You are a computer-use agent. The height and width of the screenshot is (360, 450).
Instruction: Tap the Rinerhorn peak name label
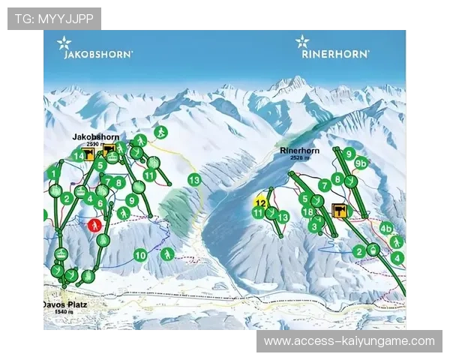tap(299, 151)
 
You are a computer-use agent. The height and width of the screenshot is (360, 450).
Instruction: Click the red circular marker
tap(94, 224)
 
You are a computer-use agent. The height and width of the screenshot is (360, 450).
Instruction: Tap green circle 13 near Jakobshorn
tap(194, 180)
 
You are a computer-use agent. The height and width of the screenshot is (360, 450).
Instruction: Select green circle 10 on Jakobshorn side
tap(140, 255)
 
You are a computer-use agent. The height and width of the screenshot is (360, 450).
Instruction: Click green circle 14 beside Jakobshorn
tap(78, 156)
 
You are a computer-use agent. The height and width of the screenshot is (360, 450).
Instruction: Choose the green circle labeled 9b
tap(361, 163)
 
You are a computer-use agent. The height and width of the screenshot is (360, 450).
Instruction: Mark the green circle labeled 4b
tap(386, 228)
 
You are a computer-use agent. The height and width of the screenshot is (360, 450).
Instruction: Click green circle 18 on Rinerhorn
tap(307, 212)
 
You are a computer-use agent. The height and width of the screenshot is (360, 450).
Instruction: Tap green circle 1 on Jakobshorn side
tap(53, 172)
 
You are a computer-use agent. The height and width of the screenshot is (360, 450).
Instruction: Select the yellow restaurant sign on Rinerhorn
tap(338, 210)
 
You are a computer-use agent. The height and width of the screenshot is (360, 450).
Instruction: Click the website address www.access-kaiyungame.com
tap(349, 341)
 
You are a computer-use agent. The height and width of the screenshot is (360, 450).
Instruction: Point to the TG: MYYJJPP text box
tap(54, 18)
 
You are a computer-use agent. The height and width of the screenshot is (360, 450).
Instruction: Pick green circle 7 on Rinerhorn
tap(325, 184)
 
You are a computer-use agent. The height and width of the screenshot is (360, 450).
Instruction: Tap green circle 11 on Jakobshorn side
tap(149, 175)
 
